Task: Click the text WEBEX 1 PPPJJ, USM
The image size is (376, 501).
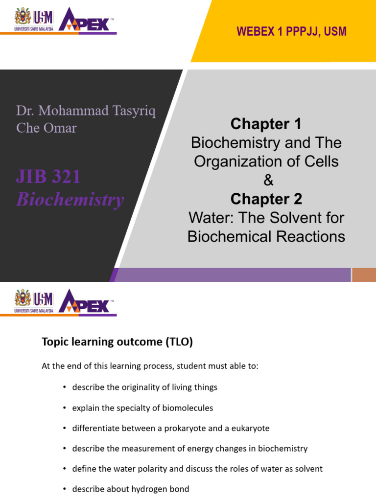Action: [x=291, y=32]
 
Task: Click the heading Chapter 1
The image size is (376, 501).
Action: [x=266, y=124]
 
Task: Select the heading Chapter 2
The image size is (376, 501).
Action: [x=266, y=199]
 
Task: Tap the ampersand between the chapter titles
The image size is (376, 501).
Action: [x=267, y=181]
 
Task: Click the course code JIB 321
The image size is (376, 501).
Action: [x=48, y=177]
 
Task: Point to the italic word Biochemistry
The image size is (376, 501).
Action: [x=70, y=200]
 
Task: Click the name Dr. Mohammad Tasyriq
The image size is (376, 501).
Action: [x=86, y=110]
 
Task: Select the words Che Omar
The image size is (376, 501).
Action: [x=46, y=128]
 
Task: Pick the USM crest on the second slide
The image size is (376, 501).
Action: [x=23, y=298]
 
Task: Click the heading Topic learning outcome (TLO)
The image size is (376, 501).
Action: [x=117, y=342]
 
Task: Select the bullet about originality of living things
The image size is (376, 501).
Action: [x=144, y=387]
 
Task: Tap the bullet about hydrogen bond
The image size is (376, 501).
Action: [x=130, y=489]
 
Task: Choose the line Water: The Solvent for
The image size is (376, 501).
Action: [x=266, y=217]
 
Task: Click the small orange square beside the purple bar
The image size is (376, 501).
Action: [x=364, y=275]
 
